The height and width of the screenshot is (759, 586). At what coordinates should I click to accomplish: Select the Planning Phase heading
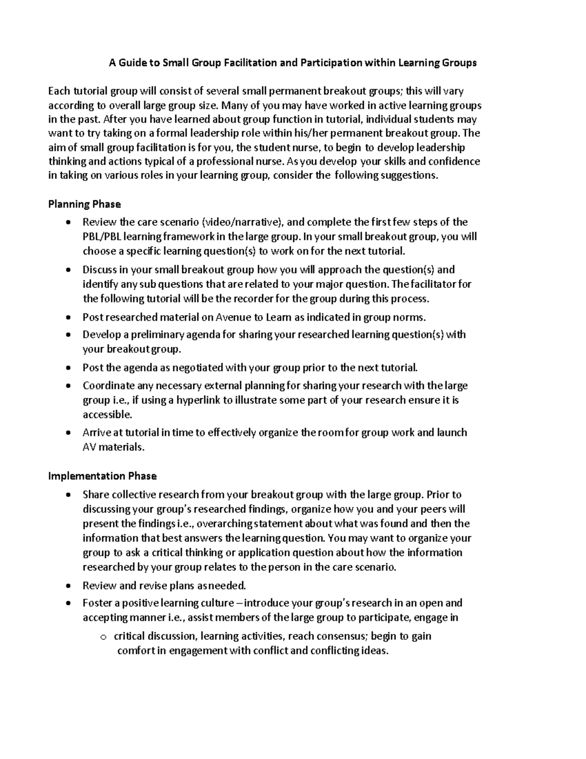84,204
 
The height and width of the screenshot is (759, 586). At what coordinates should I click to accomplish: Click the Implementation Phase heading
102,476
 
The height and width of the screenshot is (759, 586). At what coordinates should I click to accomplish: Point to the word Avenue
232,317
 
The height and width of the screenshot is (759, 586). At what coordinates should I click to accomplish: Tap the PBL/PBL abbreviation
102,237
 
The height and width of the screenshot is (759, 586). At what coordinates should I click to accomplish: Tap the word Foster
97,603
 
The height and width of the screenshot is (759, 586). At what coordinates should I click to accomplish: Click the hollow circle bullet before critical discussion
103,637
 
